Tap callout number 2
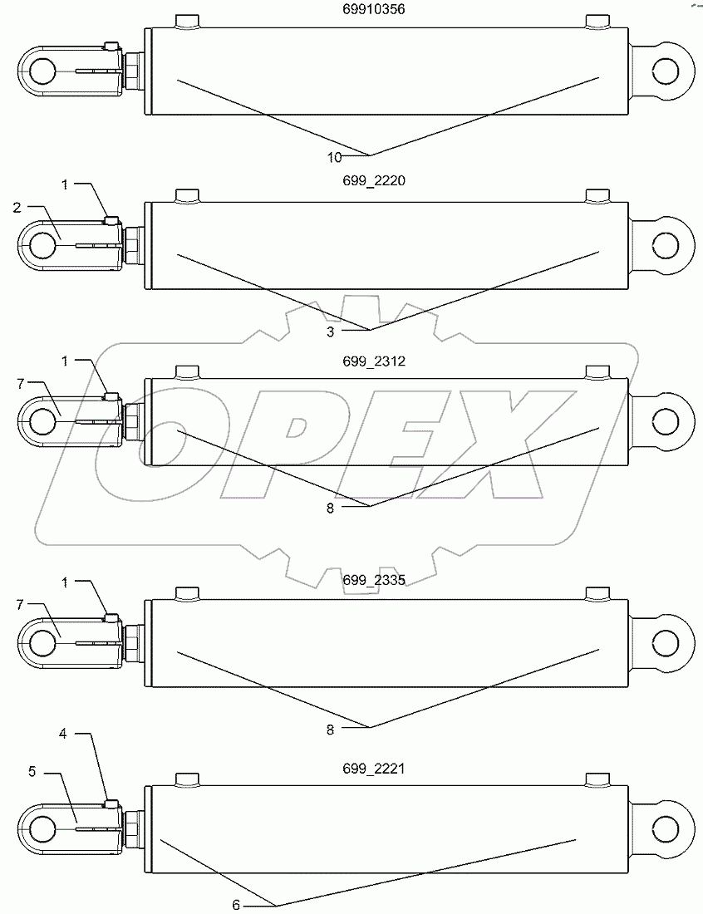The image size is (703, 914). click(17, 208)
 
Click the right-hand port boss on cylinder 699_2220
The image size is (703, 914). click(598, 195)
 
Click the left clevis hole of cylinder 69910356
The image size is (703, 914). click(42, 72)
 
